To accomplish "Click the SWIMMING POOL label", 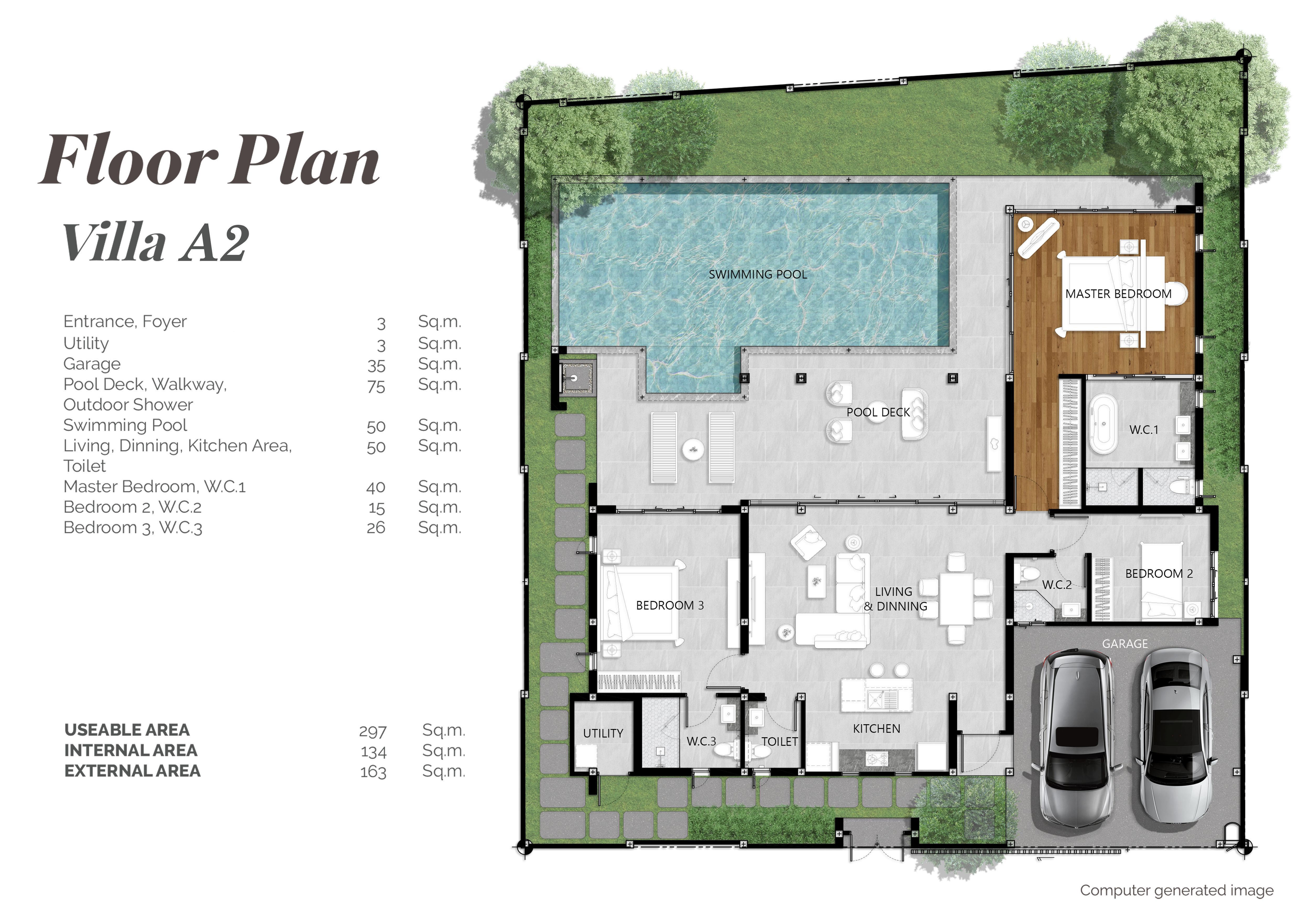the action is [x=758, y=275].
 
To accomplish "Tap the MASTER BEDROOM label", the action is [x=1118, y=294].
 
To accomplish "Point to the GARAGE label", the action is [x=1125, y=644].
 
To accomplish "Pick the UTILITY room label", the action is [x=603, y=733].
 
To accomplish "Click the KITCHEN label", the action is [x=876, y=729].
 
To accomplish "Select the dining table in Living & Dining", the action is [x=957, y=599].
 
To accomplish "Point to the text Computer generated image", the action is [x=1176, y=891].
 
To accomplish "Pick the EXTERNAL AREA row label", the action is [x=132, y=771].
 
